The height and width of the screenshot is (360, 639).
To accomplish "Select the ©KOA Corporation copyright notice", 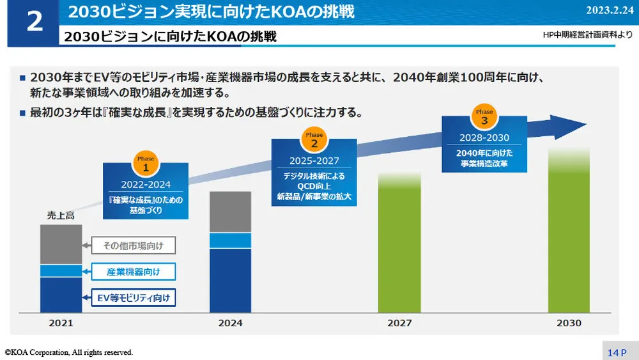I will pos(69,352).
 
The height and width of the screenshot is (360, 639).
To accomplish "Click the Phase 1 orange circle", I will pos(146,164).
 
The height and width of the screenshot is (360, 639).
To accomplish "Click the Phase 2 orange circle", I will pos(314,140).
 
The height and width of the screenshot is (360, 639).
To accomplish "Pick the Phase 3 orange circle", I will pos(484,116).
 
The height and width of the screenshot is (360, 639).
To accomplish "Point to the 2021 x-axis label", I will pos(61,323).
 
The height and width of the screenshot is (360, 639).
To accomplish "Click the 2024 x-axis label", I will pos(230,323).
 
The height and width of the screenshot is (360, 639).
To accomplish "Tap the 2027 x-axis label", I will pos(399,323).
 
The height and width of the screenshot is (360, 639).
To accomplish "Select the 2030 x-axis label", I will pos(569,323).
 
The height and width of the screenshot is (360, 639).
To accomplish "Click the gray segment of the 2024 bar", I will pos(230,212).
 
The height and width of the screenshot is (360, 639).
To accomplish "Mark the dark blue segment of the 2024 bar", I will pos(230,280).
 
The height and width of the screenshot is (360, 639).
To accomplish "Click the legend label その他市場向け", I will pos(134,246).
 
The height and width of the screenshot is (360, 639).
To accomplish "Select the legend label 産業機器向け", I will pos(134,272).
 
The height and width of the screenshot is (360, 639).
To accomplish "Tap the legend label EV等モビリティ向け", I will pos(134,297).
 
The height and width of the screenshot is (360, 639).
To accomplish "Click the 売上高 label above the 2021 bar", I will pos(61,215).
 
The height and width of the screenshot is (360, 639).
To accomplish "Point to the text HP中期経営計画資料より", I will pos(586,35).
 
